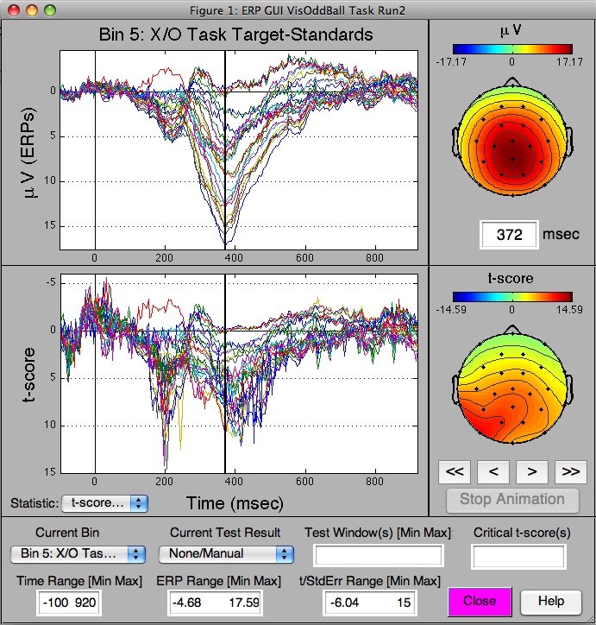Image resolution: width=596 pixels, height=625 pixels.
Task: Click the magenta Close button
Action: (x=479, y=601)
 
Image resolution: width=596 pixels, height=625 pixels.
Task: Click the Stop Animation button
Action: (x=511, y=499)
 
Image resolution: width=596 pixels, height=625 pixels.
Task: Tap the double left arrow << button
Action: (x=455, y=471)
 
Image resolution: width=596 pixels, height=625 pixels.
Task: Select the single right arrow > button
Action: (x=532, y=471)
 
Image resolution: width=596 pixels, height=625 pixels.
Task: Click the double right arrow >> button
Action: (x=569, y=471)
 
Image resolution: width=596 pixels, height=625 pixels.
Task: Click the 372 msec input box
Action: (x=510, y=235)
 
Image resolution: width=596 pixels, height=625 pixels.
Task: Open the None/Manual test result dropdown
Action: (x=226, y=553)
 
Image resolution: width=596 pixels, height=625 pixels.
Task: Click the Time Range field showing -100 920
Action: (x=68, y=602)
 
